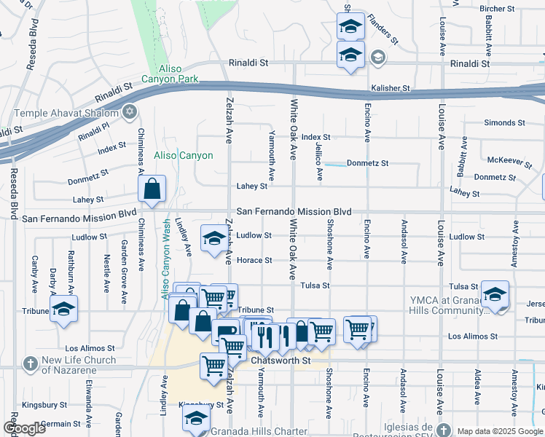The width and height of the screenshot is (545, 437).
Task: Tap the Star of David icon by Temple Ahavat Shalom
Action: point(130,111)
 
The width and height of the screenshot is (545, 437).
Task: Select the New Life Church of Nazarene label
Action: point(79,365)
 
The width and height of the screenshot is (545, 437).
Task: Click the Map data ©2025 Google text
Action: point(498,431)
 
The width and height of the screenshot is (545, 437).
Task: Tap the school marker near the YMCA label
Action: point(495,295)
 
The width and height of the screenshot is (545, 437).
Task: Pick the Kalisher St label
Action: point(391,88)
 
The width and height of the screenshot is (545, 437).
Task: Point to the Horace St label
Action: point(258,260)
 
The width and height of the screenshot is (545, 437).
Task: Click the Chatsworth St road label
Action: point(281,361)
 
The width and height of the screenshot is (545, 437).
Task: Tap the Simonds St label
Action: point(499,123)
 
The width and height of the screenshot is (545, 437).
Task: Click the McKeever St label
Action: point(506,160)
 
